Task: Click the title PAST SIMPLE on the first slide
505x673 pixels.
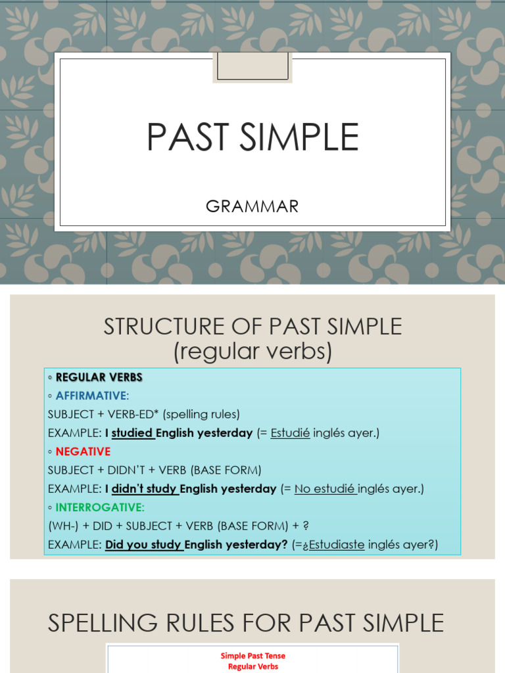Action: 252,137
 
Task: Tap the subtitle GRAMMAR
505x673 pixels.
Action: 252,206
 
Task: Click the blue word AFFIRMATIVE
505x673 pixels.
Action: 91,396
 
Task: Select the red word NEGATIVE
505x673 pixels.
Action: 83,452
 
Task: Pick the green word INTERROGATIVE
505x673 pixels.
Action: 99,507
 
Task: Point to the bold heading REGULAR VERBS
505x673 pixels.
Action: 99,377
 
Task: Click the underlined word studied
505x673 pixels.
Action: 132,433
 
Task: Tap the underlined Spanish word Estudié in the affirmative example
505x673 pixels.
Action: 290,433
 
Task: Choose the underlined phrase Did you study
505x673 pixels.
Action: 143,545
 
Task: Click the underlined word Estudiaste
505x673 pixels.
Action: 337,545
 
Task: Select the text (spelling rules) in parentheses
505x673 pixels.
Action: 201,414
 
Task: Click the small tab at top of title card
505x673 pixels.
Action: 252,67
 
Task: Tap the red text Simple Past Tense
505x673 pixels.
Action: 252,656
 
